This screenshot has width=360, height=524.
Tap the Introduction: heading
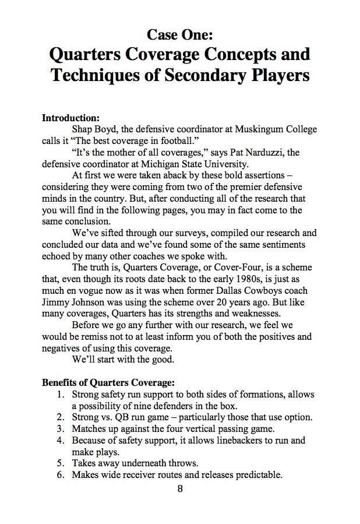point(71,118)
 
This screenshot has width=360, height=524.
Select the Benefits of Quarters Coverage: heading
point(108,383)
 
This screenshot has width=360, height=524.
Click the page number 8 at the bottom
point(180,488)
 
